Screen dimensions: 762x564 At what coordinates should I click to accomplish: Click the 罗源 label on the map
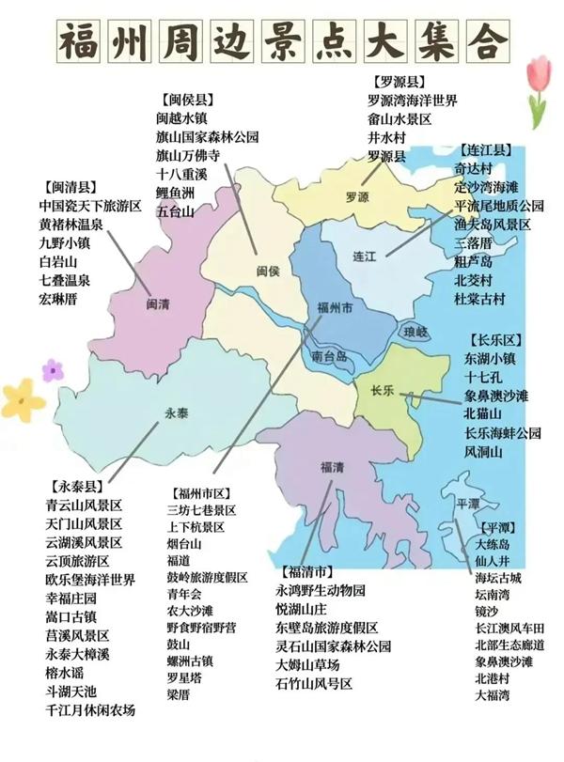pos(357,198)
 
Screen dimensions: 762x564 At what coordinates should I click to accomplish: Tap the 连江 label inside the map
pos(364,256)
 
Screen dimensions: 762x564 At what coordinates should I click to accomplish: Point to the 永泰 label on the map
pos(177,412)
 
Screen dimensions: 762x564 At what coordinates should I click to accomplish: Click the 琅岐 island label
pos(415,332)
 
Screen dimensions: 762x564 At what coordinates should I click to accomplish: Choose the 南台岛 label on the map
pos(329,356)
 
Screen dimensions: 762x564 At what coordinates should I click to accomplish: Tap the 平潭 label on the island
pos(467,504)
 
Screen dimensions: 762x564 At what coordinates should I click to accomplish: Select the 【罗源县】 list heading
pos(398,83)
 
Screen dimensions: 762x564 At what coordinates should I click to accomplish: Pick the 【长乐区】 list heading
pos(494,339)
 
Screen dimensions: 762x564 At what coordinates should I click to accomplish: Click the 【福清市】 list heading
pos(305,571)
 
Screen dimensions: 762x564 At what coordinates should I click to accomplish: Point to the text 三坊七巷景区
pos(201,509)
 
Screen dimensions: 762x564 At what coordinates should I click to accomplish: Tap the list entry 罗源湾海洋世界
pos(412,101)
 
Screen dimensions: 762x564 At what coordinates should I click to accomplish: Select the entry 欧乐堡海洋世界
pos(90,580)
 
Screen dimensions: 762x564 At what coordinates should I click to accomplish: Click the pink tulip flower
pos(538,85)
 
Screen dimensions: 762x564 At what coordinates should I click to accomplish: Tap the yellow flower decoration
pos(23,398)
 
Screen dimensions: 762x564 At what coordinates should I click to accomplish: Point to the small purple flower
pos(53,369)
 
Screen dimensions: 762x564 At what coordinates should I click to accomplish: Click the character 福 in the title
pos(81,42)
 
